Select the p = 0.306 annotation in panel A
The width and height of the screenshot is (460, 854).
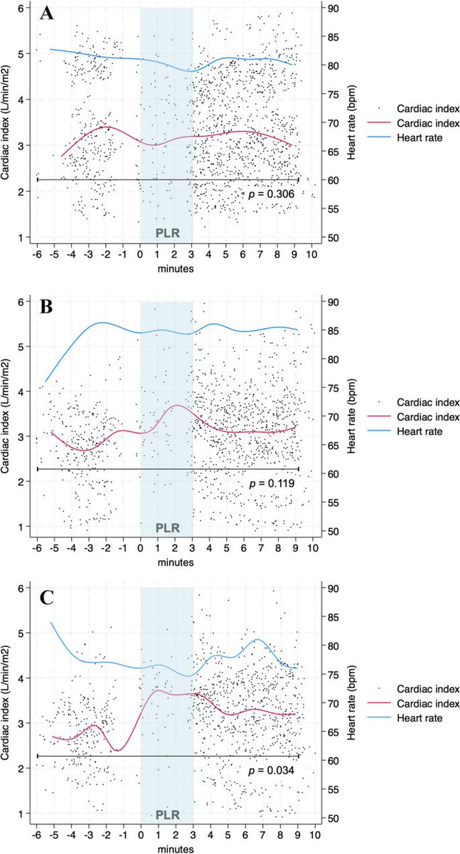[x=272, y=194]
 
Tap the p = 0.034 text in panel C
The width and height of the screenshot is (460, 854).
[x=272, y=771]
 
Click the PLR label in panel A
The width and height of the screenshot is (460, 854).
[x=166, y=233]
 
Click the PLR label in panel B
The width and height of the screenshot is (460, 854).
[x=166, y=528]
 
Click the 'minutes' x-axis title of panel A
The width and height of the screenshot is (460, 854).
[x=175, y=270]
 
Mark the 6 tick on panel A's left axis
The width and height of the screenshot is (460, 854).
[x=24, y=8]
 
